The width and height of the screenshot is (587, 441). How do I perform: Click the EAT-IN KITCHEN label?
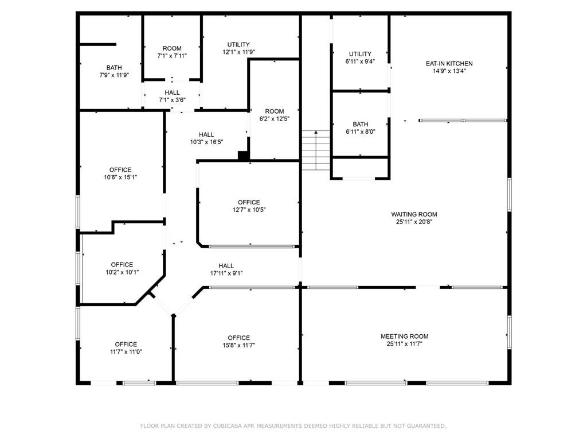[x=449, y=64]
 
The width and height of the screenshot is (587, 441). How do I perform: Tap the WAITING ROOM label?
[x=414, y=215]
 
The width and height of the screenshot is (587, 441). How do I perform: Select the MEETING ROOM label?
[x=404, y=336]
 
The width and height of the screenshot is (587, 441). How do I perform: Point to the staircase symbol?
[x=316, y=150]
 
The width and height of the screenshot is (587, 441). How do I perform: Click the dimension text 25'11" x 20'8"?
[x=414, y=222]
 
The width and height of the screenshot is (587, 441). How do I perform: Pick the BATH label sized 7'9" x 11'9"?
[x=114, y=68]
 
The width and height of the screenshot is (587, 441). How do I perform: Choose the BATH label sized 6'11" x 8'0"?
[x=360, y=125]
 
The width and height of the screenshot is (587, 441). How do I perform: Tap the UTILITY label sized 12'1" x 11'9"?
[x=238, y=45]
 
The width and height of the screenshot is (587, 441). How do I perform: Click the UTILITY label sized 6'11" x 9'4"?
[x=360, y=54]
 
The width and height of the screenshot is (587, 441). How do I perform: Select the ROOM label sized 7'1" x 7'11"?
[x=172, y=48]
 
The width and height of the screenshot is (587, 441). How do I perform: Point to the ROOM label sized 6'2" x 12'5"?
[x=275, y=111]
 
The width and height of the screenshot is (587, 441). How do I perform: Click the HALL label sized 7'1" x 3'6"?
[x=172, y=92]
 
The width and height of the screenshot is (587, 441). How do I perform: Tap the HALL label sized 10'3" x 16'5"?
[x=206, y=134]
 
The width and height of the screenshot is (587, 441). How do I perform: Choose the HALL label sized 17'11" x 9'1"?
[x=226, y=266]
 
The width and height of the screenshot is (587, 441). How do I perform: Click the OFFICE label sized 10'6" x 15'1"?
[x=120, y=170]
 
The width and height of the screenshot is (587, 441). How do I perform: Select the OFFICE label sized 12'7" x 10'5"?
[x=249, y=203]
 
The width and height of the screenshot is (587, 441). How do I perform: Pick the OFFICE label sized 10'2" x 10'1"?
[x=122, y=265]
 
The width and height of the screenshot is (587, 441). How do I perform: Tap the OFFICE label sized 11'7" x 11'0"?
[x=126, y=345]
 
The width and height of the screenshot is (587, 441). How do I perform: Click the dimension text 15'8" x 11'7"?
[x=239, y=345]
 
